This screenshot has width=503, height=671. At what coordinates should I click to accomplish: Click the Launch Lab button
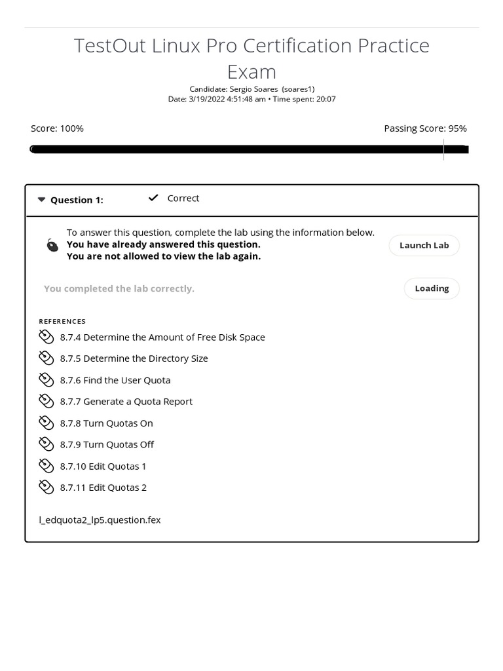(424, 245)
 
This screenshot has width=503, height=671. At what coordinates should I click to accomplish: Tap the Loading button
(432, 288)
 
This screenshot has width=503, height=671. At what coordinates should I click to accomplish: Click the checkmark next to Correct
(153, 198)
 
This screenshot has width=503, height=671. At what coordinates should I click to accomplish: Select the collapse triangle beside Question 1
(41, 200)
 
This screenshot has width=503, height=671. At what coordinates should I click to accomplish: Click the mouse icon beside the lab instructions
(52, 245)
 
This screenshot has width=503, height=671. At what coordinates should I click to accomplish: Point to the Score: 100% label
(57, 128)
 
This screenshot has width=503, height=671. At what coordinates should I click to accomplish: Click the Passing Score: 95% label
(425, 128)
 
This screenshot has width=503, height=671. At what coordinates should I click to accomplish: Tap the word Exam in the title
(251, 71)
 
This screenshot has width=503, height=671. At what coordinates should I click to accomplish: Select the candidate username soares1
(298, 89)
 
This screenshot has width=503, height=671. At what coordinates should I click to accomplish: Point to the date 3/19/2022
(206, 99)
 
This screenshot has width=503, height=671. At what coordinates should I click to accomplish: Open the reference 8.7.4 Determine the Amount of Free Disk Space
(162, 337)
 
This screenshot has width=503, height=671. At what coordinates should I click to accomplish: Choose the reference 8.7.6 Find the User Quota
(115, 380)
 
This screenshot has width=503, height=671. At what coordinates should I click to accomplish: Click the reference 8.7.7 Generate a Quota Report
(126, 401)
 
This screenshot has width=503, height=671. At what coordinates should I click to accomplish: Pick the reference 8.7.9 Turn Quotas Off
(107, 444)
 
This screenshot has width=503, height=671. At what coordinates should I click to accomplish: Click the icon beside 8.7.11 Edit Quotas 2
(46, 487)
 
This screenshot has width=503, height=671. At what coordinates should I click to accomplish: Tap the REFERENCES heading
(62, 321)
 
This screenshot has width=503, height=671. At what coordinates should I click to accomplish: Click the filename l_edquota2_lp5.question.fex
(100, 520)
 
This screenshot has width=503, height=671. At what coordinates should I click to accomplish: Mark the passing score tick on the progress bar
(444, 149)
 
